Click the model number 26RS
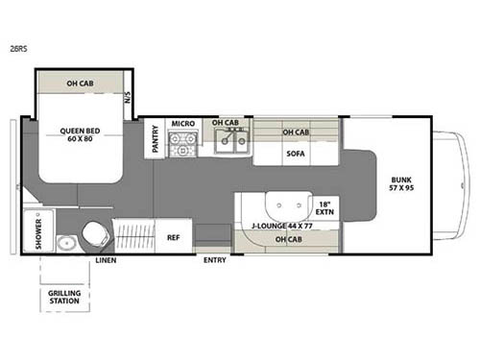pyautogui.click(x=18, y=54)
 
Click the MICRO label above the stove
pyautogui.click(x=182, y=124)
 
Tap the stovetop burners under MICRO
pyautogui.click(x=182, y=145)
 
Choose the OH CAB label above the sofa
pyautogui.click(x=295, y=132)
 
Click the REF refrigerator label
pyautogui.click(x=173, y=237)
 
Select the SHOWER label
pyautogui.click(x=39, y=231)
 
